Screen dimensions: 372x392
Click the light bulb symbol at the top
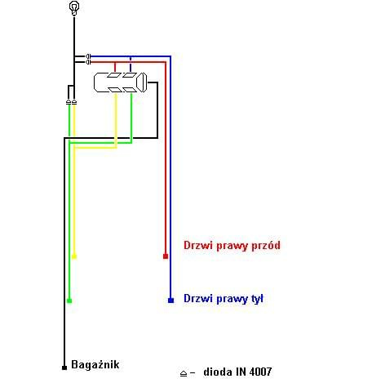74,8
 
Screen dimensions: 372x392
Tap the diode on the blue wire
88,56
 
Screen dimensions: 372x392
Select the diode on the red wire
88,62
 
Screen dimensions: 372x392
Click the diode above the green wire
69,102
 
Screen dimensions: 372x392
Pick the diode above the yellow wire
74,102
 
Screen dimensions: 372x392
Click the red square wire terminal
166,256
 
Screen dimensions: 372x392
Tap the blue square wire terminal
170,301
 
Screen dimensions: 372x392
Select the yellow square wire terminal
74,256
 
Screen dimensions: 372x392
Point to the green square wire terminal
69,301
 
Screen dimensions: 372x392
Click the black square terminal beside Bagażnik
64,367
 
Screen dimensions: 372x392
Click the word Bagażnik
95,364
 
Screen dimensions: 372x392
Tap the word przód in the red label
266,246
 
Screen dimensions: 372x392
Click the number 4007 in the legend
260,372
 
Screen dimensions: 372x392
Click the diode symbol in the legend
184,373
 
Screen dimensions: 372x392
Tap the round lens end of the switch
142,82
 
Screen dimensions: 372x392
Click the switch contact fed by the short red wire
114,75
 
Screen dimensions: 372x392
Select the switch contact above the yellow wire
115,90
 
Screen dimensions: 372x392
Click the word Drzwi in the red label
194,245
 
